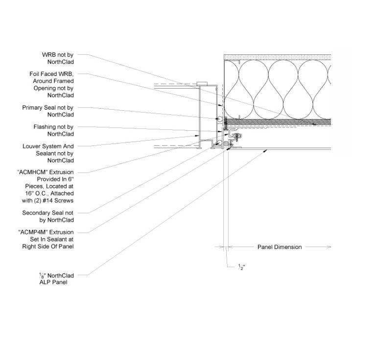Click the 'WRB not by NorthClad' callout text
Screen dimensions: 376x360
58,58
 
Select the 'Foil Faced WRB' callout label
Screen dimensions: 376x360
51,74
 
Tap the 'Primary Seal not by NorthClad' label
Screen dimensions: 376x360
48,111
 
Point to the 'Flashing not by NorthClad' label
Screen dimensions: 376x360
53,130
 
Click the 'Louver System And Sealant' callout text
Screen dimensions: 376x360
48,150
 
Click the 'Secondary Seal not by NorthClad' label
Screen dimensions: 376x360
48,216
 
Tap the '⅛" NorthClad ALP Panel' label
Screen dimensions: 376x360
56,279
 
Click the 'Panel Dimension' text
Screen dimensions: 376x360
280,247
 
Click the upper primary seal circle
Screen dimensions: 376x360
219,119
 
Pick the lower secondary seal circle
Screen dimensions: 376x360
218,143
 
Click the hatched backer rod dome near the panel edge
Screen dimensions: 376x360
226,144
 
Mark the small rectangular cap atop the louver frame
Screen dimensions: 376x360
202,83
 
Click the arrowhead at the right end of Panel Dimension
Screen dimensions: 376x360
329,247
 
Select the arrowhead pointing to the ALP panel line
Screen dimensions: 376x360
265,151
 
